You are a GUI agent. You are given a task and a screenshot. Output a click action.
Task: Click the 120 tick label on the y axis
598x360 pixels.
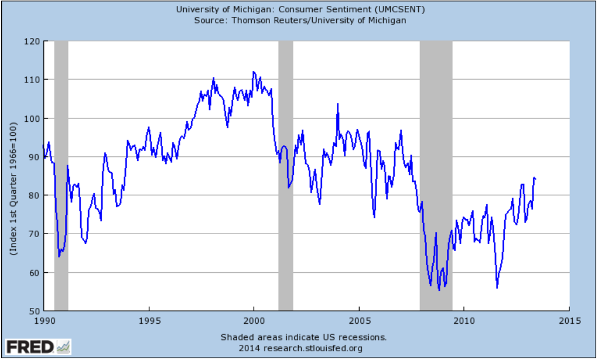click(32, 42)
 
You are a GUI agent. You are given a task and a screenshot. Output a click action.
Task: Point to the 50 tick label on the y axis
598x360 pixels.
click(35, 311)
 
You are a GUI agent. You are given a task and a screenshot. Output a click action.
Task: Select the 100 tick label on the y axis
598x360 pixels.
click(32, 119)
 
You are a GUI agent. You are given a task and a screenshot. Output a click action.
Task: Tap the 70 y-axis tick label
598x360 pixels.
click(35, 234)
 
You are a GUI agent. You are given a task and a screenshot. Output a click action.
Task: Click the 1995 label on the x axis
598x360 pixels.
click(149, 320)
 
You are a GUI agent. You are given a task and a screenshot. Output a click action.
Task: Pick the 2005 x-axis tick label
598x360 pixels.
click(359, 320)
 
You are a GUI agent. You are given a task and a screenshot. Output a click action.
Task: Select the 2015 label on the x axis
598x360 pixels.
click(570, 320)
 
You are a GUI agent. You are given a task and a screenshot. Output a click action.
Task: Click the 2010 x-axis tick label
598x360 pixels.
click(464, 320)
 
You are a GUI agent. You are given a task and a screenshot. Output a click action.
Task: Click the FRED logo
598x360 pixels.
click(38, 347)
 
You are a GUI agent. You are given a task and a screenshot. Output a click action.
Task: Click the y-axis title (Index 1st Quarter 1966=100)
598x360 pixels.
click(13, 188)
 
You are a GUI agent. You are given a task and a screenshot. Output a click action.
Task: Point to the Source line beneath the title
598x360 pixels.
click(300, 20)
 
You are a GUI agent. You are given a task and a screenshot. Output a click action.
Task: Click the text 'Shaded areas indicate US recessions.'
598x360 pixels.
click(303, 337)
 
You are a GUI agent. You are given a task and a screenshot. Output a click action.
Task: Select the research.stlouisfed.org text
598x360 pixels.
click(313, 348)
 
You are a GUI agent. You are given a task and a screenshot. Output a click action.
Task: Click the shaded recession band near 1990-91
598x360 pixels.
click(61, 176)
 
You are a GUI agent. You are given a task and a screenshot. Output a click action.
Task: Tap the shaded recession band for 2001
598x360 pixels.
click(286, 176)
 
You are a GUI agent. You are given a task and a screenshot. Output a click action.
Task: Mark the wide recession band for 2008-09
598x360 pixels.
click(436, 176)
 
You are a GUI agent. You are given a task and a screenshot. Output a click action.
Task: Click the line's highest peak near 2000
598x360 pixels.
click(254, 71)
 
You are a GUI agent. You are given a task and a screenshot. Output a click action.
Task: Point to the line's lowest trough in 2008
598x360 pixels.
click(439, 290)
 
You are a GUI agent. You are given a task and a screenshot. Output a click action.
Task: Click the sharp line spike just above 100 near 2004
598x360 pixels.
click(337, 104)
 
